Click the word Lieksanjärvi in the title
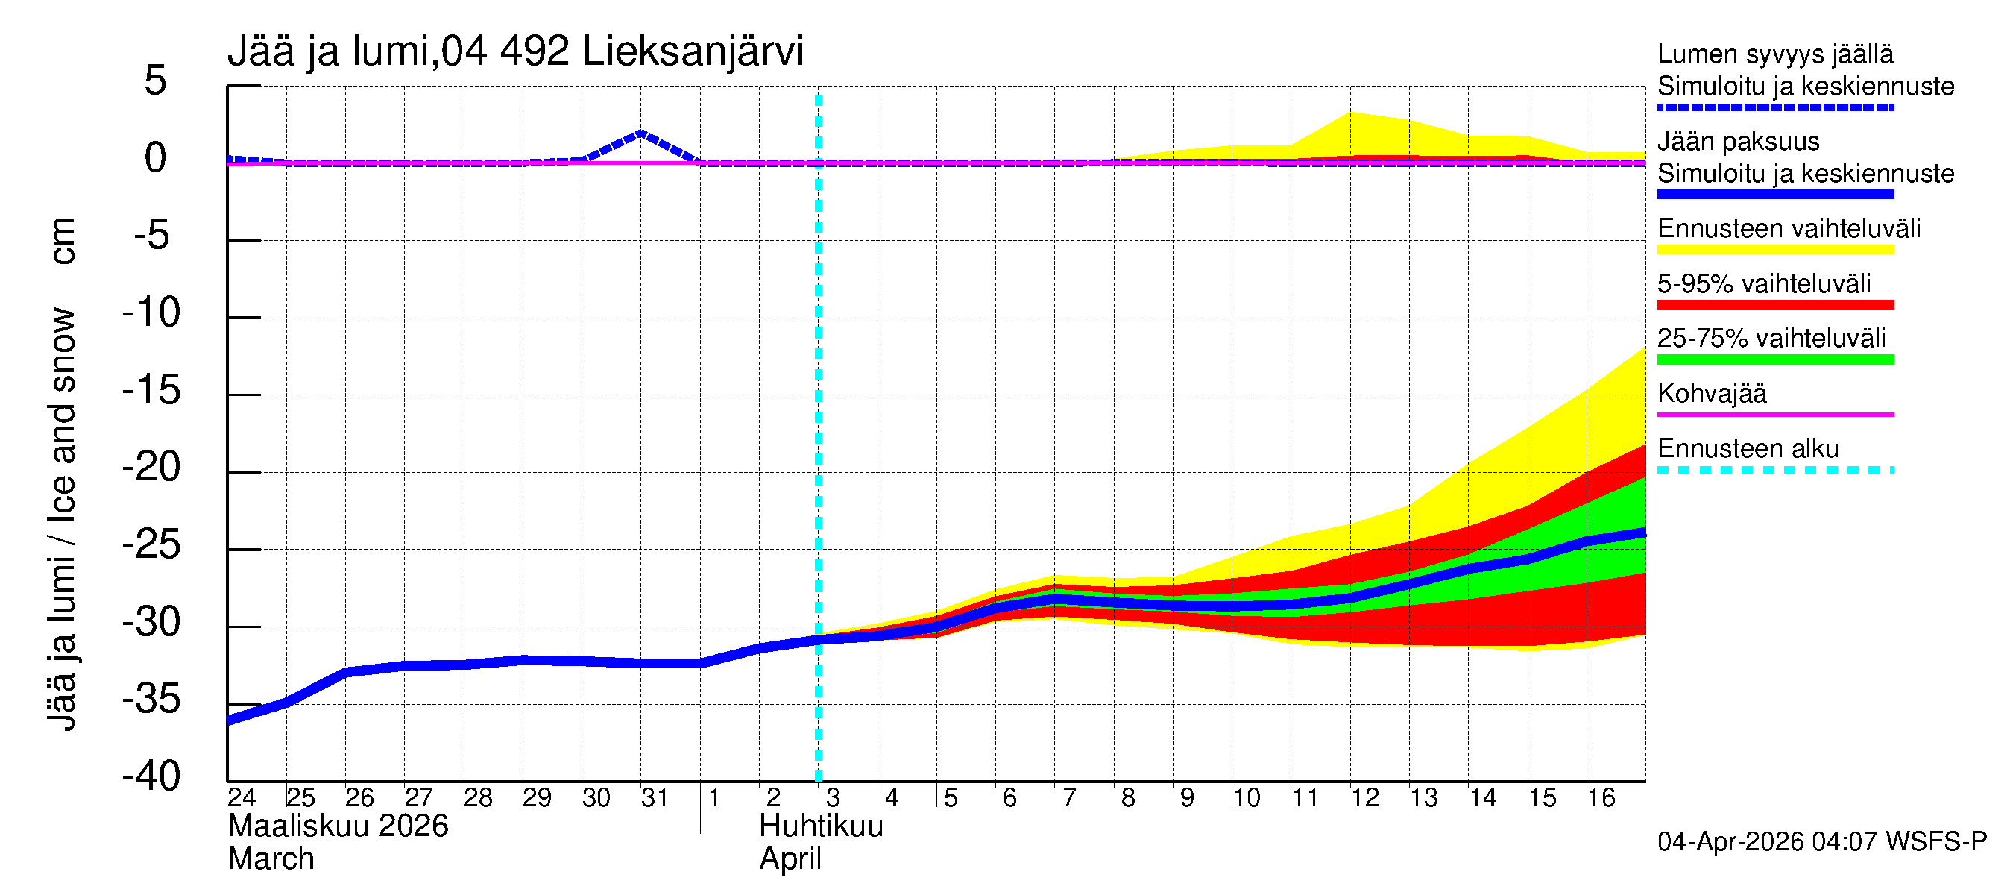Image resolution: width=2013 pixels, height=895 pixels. point(693,51)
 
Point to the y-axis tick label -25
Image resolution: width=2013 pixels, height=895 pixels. point(151,544)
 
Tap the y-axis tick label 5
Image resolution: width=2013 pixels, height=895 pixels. point(156,81)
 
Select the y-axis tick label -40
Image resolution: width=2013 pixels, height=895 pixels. point(151,776)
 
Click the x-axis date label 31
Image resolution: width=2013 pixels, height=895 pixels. point(654,797)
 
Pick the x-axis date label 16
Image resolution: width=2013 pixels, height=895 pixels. point(1601,797)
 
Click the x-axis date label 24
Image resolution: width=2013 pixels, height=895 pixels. point(242,797)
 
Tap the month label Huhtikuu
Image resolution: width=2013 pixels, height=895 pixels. point(821,826)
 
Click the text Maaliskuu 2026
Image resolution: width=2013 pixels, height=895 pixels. point(338,826)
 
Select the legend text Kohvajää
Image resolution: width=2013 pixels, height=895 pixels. point(1711,393)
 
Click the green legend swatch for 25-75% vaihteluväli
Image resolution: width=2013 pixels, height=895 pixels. point(1774,359)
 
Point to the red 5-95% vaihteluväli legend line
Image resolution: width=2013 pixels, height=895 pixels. point(1774,305)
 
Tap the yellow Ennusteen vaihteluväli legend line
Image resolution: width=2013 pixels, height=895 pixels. point(1774,250)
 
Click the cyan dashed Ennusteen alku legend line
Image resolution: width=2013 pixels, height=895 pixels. point(1774,470)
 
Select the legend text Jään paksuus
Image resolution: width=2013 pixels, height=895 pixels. point(1738,142)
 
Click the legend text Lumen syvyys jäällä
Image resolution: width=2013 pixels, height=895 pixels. point(1774,54)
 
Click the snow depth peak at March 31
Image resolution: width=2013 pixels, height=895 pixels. point(640,133)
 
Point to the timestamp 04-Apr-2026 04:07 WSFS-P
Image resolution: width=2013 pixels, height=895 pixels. point(1821,842)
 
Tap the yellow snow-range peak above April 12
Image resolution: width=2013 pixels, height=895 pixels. point(1351,114)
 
